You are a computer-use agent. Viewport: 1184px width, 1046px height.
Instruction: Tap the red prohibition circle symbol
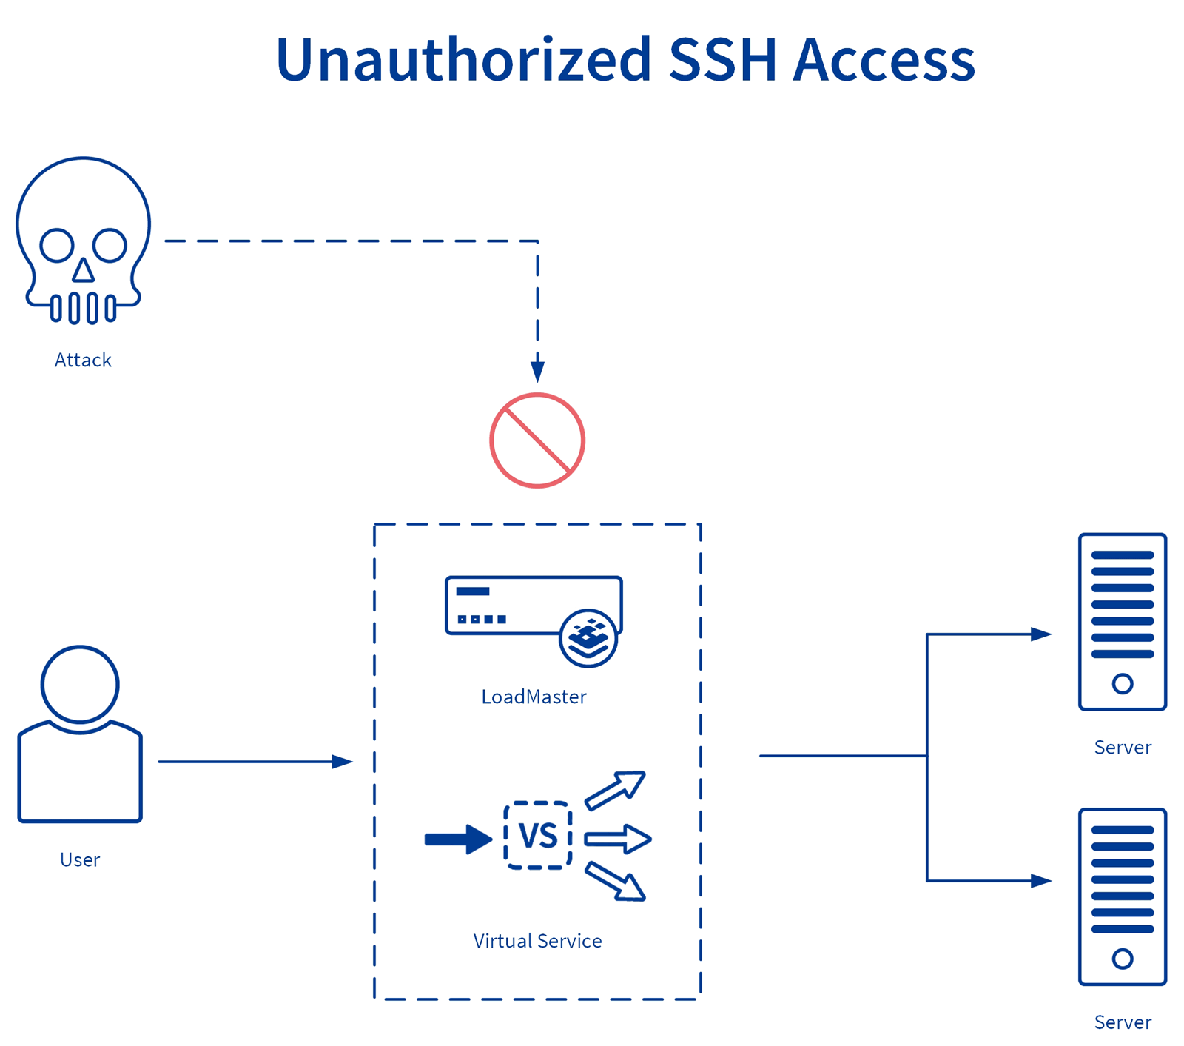click(x=537, y=440)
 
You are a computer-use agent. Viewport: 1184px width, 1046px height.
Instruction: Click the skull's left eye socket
click(x=57, y=246)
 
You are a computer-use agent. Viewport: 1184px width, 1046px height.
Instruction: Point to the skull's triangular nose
click(x=84, y=272)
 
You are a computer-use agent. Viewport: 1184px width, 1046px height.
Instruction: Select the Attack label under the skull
click(x=83, y=361)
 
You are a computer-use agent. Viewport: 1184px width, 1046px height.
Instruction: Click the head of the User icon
click(x=80, y=684)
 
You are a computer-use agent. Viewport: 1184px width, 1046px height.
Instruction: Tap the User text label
click(x=80, y=860)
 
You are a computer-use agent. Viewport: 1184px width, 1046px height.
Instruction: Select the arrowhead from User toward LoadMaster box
click(x=342, y=762)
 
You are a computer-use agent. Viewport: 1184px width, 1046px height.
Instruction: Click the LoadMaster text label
click(x=534, y=697)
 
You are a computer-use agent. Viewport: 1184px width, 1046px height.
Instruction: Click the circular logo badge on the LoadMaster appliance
click(x=588, y=638)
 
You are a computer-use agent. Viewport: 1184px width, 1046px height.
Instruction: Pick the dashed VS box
click(x=538, y=835)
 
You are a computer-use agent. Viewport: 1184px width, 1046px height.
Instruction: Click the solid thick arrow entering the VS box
click(x=458, y=839)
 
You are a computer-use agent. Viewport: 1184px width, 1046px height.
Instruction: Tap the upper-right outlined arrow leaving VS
click(x=616, y=790)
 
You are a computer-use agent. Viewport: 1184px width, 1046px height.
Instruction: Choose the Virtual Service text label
click(x=537, y=942)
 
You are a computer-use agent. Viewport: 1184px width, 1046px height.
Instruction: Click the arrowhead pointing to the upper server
click(x=1041, y=634)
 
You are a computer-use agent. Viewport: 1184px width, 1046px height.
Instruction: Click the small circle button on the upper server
click(x=1122, y=683)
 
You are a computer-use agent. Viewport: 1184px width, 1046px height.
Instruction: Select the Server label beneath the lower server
click(x=1123, y=1023)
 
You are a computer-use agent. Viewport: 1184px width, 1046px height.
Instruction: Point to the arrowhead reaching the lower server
click(x=1041, y=881)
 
